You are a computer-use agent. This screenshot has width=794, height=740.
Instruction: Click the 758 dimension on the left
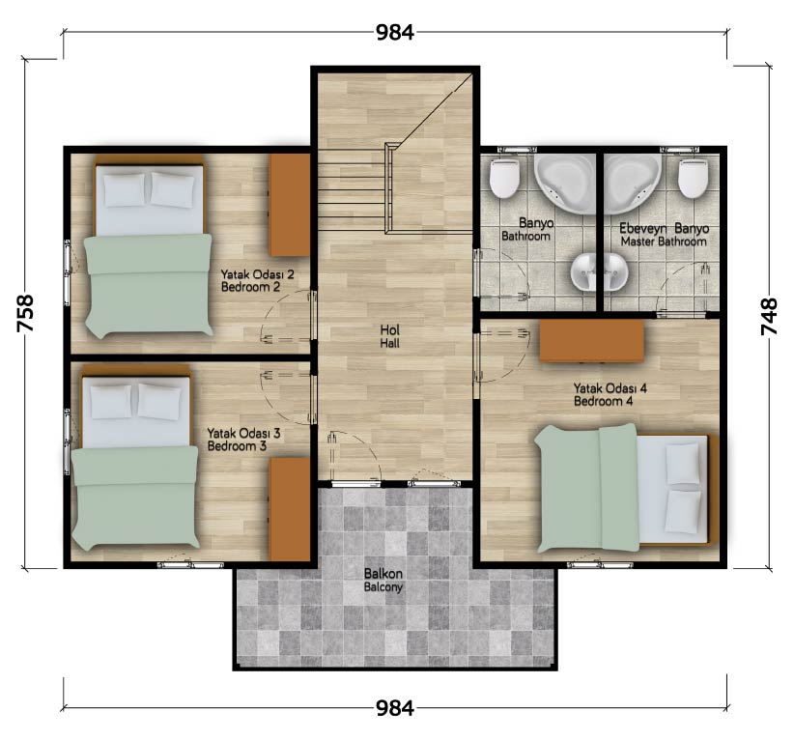(25, 314)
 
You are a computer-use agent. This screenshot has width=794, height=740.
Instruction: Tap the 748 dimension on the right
(769, 317)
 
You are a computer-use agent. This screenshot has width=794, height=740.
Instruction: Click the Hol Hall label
(390, 336)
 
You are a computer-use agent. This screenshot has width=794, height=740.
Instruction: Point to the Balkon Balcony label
(383, 580)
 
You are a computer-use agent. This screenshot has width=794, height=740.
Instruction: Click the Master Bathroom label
(664, 242)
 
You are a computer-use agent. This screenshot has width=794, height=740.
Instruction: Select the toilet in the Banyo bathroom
(504, 178)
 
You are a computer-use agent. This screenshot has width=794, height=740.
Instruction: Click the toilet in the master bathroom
(693, 178)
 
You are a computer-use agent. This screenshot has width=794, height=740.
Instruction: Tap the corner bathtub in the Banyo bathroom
(566, 184)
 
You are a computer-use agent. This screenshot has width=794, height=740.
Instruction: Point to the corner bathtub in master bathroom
(633, 184)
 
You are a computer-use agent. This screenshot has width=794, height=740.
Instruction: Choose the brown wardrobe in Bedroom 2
(289, 205)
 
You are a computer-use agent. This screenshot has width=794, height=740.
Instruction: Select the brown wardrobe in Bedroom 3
(289, 509)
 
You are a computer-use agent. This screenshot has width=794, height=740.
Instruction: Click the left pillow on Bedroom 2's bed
(124, 189)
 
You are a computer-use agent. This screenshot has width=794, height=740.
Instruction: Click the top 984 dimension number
(395, 33)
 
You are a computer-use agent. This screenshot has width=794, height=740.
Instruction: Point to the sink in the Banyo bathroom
(586, 272)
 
